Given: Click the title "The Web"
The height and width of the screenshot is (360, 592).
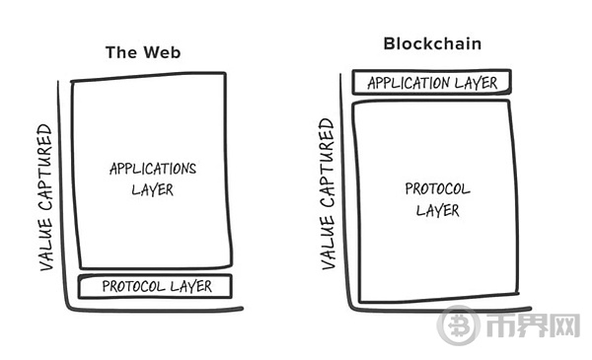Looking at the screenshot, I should [x=145, y=52].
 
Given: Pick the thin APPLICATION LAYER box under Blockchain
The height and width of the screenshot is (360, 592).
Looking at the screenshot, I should [x=432, y=83].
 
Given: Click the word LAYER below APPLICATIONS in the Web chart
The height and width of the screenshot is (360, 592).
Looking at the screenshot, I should [x=152, y=188].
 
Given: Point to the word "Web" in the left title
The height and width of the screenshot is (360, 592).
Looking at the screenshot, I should [x=164, y=52].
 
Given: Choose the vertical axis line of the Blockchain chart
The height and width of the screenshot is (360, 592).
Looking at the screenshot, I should [x=343, y=197].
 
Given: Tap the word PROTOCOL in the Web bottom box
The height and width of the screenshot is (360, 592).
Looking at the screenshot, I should [x=129, y=287].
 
